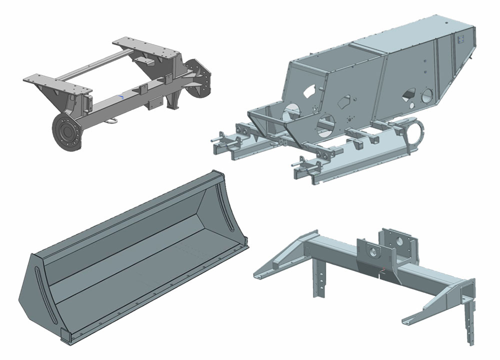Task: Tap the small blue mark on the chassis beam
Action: [121, 95]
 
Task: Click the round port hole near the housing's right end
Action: [427, 95]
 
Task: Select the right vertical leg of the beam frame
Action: [468, 320]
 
